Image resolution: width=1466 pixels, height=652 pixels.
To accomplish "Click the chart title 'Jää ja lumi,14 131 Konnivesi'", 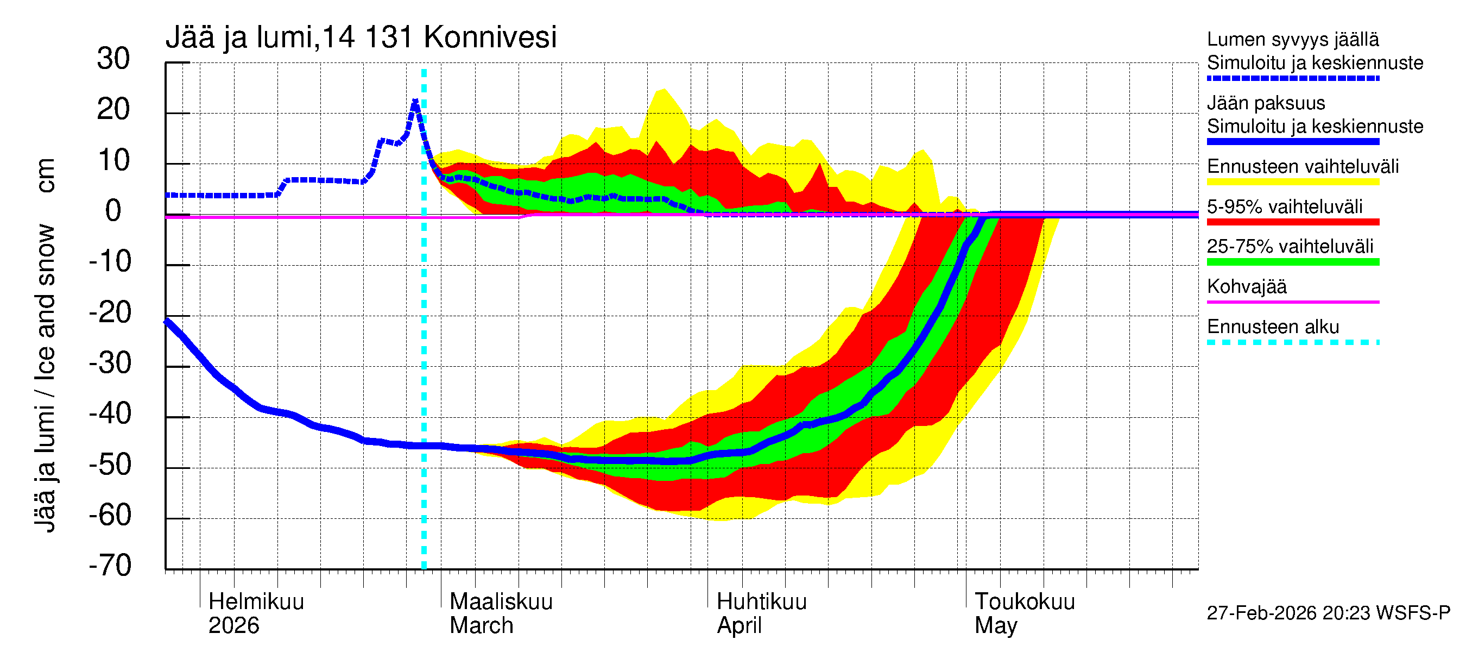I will pos(361,37).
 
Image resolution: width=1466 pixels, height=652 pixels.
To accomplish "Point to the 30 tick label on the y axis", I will pos(113,59).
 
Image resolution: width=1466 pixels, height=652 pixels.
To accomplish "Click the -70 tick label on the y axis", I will pos(110,566).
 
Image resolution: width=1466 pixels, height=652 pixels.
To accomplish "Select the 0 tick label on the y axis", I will pos(113,211).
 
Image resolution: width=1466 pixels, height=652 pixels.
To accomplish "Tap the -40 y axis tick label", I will pos(110,413).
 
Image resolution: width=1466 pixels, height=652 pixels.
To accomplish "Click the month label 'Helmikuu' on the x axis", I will pos(256,601).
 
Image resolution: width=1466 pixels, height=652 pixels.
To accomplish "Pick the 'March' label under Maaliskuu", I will pos(482,625).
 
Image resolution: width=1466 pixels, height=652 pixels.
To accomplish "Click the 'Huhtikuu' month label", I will pos(761,601).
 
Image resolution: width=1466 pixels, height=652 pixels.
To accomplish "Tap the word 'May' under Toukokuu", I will pos(995,625).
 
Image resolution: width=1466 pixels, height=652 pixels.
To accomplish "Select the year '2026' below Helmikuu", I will pos(233,625).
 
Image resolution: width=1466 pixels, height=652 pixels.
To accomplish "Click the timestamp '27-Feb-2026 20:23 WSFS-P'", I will pos(1328,613).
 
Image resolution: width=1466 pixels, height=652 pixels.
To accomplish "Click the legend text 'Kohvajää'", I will pos(1246,286).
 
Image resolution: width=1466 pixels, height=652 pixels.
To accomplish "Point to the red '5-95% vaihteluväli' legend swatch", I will pos(1292,222).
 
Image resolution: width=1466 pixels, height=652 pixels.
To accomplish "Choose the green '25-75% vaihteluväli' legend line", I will pos(1292,262).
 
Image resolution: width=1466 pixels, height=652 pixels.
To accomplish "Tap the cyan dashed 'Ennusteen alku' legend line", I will pos(1292,342).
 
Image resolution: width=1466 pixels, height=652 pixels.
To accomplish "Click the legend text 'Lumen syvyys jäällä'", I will pos(1292,39).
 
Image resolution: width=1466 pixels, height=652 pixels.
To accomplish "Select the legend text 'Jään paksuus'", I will pos(1266,103).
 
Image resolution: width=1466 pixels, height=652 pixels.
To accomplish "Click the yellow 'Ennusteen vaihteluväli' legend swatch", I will pos(1292,181).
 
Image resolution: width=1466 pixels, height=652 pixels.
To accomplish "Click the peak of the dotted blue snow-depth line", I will pos(415,102).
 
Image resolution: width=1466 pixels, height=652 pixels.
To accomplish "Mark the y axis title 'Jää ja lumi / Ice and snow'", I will pos(46,378).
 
